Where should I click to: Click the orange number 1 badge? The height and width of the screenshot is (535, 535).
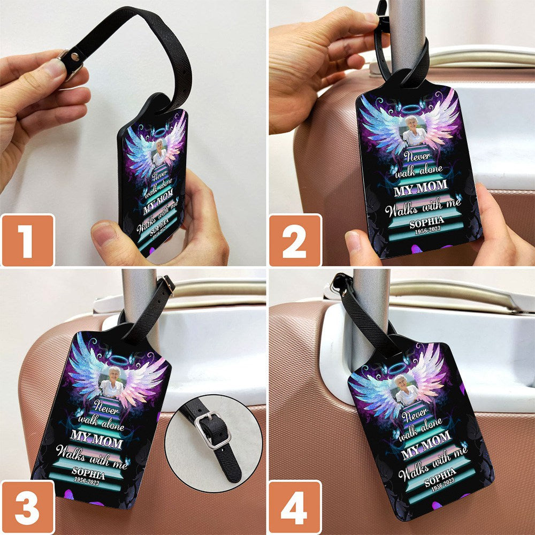coord(28,240)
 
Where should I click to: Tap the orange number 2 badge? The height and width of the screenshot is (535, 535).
coord(295,240)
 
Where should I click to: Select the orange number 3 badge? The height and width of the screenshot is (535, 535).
coord(28,507)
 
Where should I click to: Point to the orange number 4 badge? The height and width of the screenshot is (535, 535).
coord(295,507)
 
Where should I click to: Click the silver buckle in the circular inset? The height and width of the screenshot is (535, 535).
coord(212,430)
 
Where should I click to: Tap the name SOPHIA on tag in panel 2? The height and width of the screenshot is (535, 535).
coord(426,223)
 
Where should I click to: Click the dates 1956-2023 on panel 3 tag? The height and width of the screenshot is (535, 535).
coord(87,480)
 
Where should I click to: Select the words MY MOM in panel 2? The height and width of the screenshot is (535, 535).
coord(421,188)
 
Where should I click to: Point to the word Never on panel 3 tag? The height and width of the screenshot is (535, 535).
coord(106,406)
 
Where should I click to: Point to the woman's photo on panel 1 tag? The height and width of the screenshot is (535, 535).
coord(159,153)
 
